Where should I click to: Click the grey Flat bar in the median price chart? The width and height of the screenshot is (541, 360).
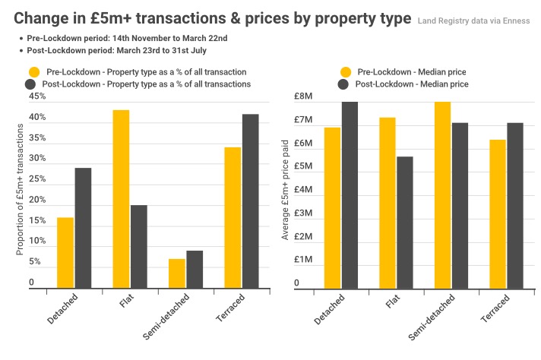pyautogui.click(x=404, y=223)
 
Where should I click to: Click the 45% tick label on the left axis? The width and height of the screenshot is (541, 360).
pyautogui.click(x=37, y=96)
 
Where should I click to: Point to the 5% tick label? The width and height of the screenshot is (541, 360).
pyautogui.click(x=35, y=262)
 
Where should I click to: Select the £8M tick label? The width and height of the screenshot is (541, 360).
pyautogui.click(x=303, y=96)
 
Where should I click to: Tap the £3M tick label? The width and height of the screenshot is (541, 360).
pyautogui.click(x=303, y=213)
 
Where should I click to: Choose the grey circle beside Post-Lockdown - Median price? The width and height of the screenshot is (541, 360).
pyautogui.click(x=345, y=84)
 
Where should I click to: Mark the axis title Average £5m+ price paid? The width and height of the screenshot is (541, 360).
pyautogui.click(x=286, y=189)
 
